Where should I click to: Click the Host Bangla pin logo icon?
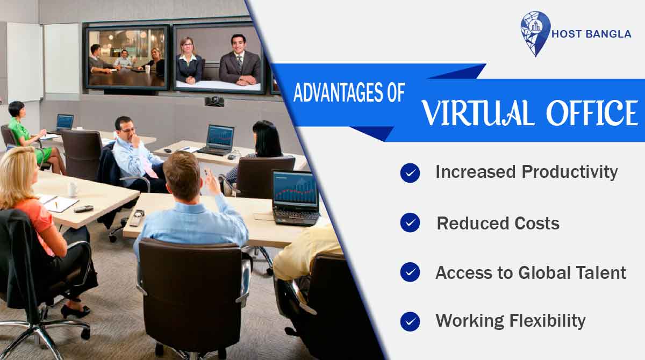pyautogui.click(x=535, y=33)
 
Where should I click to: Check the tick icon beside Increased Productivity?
pyautogui.click(x=410, y=173)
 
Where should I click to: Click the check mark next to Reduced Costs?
pyautogui.click(x=410, y=222)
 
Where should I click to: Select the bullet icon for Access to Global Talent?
pyautogui.click(x=410, y=272)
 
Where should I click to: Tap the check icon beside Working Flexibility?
pyautogui.click(x=410, y=321)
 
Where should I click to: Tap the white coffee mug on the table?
pyautogui.click(x=72, y=189)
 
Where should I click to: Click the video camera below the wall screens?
pyautogui.click(x=214, y=100)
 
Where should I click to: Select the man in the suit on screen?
pyautogui.click(x=239, y=62)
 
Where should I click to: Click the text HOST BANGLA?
pyautogui.click(x=591, y=34)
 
